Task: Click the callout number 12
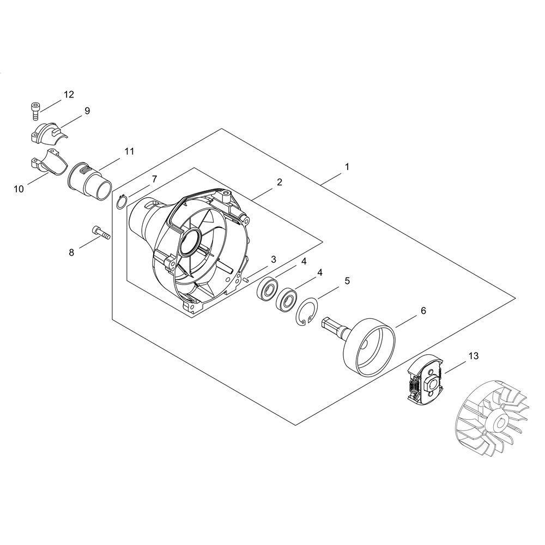tap(69, 94)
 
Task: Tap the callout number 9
tap(87, 111)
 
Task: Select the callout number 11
tap(129, 152)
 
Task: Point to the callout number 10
tap(19, 189)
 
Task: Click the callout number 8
tap(71, 252)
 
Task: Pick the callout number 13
tap(474, 356)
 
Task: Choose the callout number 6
tap(423, 311)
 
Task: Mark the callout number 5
tap(347, 281)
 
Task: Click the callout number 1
tap(347, 167)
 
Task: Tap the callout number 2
tap(279, 182)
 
